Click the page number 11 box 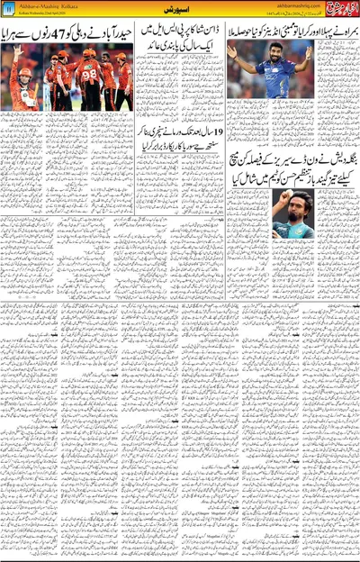pos(7,9)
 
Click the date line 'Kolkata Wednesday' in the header pos(40,13)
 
